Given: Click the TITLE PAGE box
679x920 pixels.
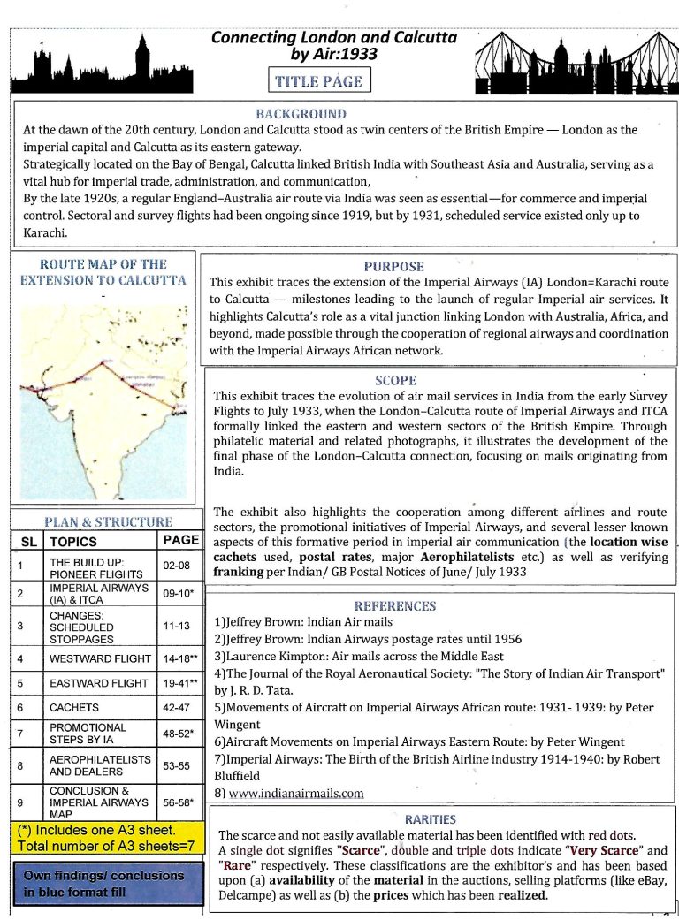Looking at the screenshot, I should click(318, 81).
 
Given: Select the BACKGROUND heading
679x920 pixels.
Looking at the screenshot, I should click(301, 114).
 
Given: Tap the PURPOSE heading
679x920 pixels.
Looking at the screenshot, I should click(393, 266).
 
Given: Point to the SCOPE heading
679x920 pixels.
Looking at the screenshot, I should click(395, 381).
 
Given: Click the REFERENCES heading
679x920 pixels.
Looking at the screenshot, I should click(394, 606).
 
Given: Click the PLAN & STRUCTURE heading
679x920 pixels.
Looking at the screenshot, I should click(108, 522).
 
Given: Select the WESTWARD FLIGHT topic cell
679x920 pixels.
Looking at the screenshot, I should click(98, 659).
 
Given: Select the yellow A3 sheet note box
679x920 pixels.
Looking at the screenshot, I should click(105, 838).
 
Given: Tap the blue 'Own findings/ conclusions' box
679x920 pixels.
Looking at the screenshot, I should click(105, 885).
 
